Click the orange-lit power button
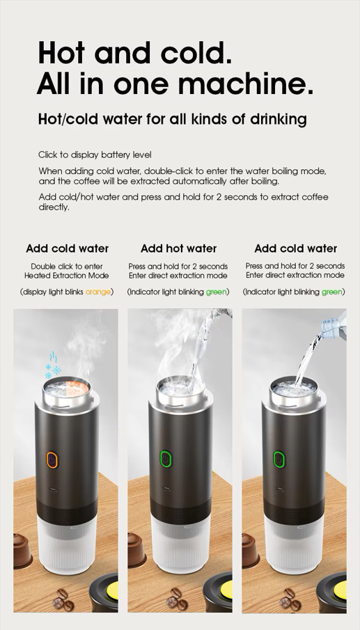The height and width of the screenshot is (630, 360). [52, 460]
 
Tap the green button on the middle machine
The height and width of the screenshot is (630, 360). [166, 459]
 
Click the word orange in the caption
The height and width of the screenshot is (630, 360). [98, 292]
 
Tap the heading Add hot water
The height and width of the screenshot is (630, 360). [179, 249]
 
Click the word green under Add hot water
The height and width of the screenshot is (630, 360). [217, 292]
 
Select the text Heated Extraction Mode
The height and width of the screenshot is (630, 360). [67, 276]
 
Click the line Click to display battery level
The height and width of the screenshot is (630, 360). [95, 155]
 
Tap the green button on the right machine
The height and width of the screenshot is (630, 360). [279, 459]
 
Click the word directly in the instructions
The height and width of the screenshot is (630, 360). [54, 207]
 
